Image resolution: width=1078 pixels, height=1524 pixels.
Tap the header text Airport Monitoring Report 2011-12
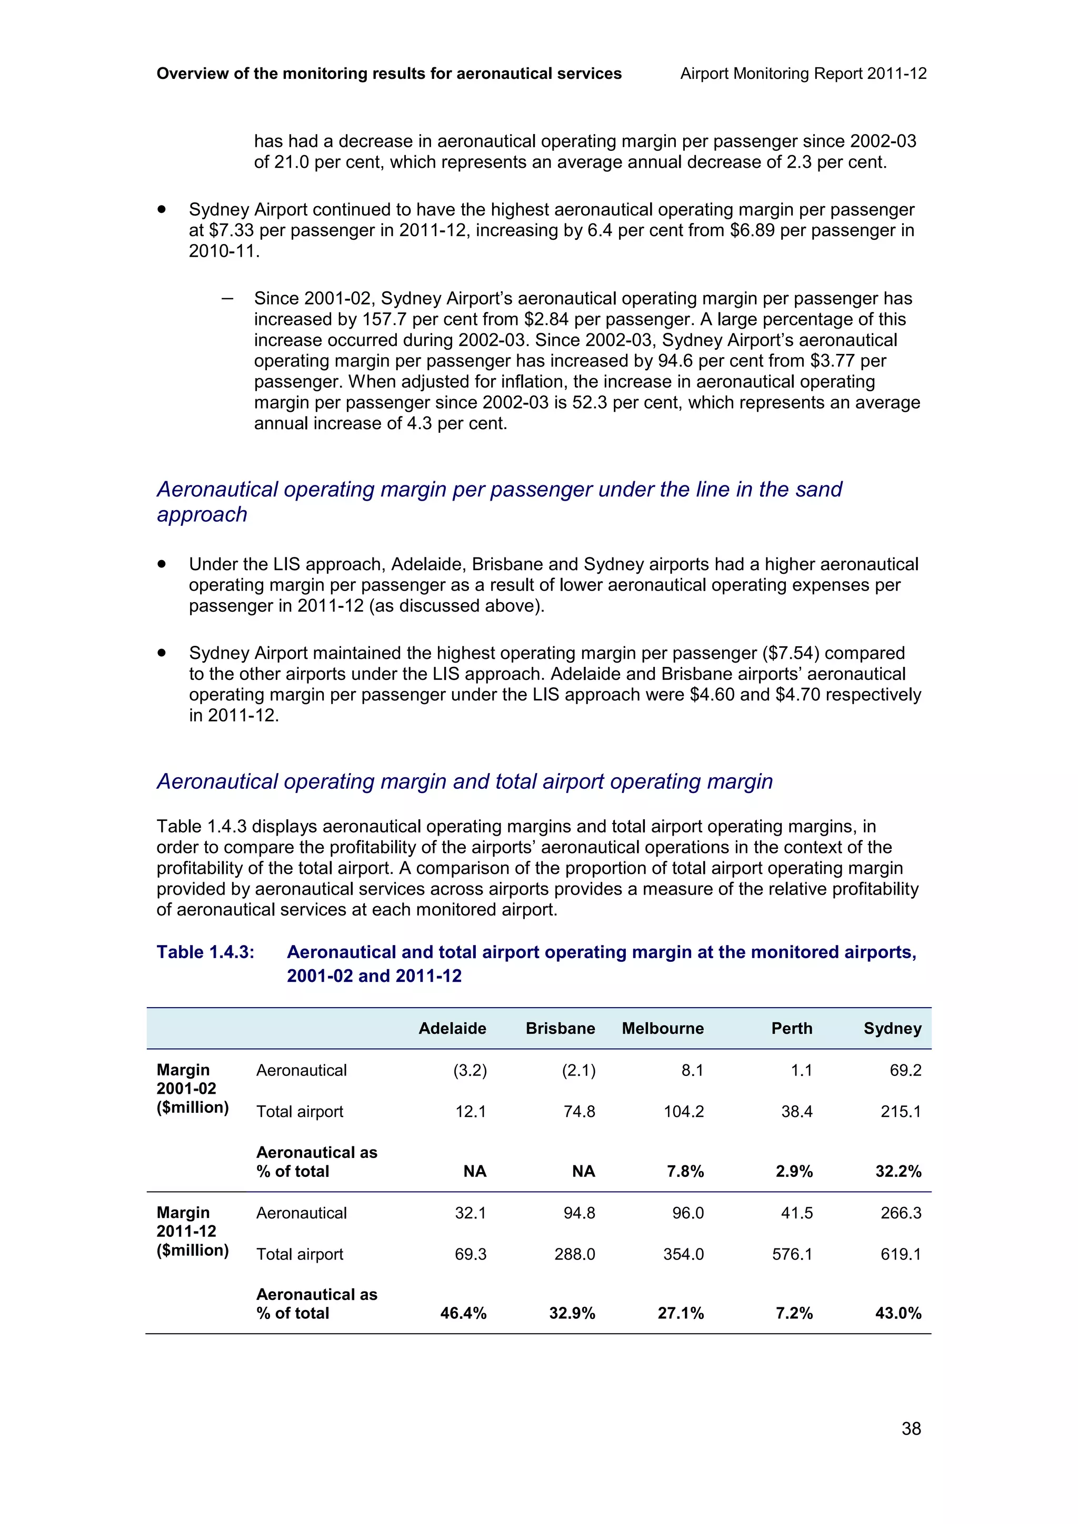(x=803, y=74)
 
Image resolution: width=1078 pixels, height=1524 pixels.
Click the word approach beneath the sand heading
(x=202, y=514)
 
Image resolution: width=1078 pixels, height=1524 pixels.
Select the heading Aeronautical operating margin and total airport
(x=464, y=781)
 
